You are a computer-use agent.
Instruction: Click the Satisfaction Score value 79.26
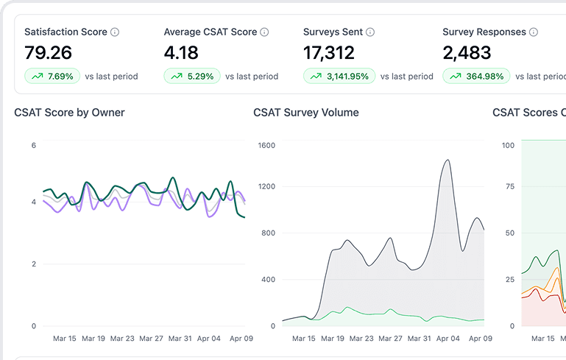(x=48, y=53)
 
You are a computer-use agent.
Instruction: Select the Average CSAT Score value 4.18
(x=180, y=53)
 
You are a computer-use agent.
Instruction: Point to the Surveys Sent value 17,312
(x=328, y=53)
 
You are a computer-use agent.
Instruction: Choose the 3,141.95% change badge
(x=339, y=76)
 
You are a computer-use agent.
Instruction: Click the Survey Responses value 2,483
(x=467, y=53)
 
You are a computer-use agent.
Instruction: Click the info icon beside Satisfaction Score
(x=115, y=32)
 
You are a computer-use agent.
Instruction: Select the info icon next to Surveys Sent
(x=370, y=32)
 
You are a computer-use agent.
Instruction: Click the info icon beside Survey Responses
(x=534, y=32)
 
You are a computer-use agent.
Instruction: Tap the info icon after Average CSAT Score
(x=264, y=32)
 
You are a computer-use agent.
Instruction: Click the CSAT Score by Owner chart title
(x=69, y=113)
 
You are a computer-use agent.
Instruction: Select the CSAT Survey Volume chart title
(x=306, y=113)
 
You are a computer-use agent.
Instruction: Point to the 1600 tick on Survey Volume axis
(x=266, y=146)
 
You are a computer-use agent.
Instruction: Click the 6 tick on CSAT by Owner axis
(x=34, y=146)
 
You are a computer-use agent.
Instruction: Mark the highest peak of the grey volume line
(x=447, y=160)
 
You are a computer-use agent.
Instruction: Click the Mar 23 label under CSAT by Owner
(x=122, y=339)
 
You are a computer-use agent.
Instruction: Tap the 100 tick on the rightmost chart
(x=508, y=146)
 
